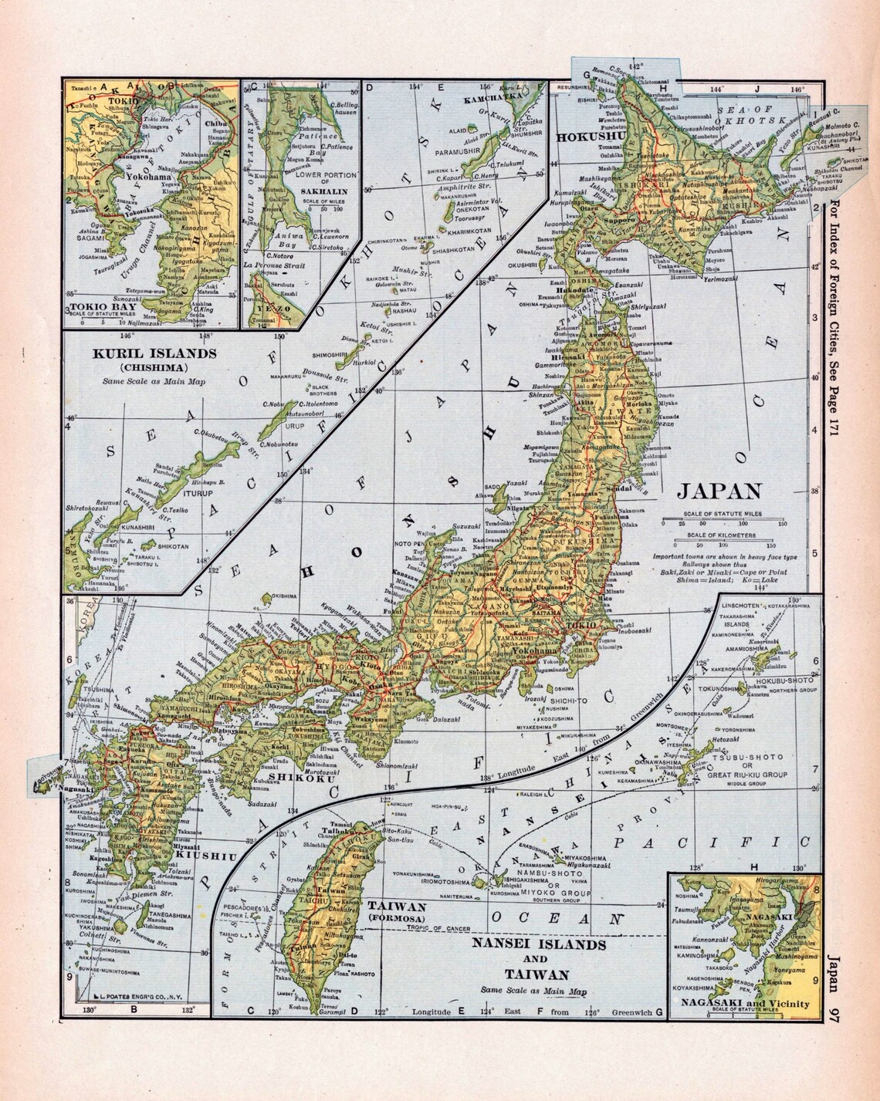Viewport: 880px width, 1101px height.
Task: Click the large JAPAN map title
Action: [719, 491]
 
